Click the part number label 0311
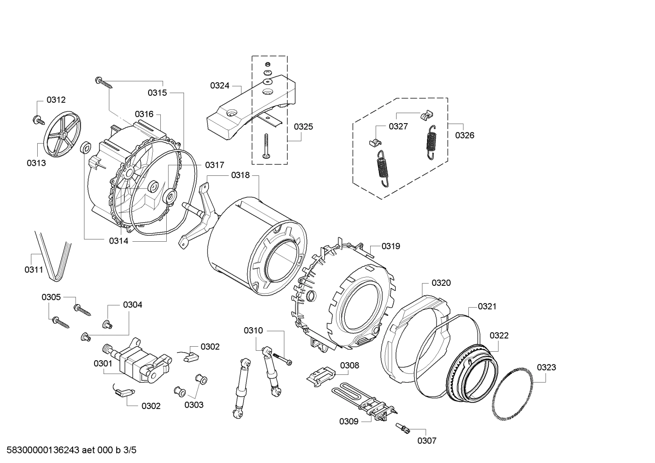pos(34,270)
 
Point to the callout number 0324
pos(219,85)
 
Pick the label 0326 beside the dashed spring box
pos(465,135)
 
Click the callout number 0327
pos(398,126)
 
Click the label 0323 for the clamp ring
pos(546,367)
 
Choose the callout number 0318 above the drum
pos(240,175)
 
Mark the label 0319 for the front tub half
pos(391,246)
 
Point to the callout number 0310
pos(253,330)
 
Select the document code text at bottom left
pos(69,450)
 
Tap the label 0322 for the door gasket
pos(499,335)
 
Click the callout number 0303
pos(194,405)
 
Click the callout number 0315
pos(157,93)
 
